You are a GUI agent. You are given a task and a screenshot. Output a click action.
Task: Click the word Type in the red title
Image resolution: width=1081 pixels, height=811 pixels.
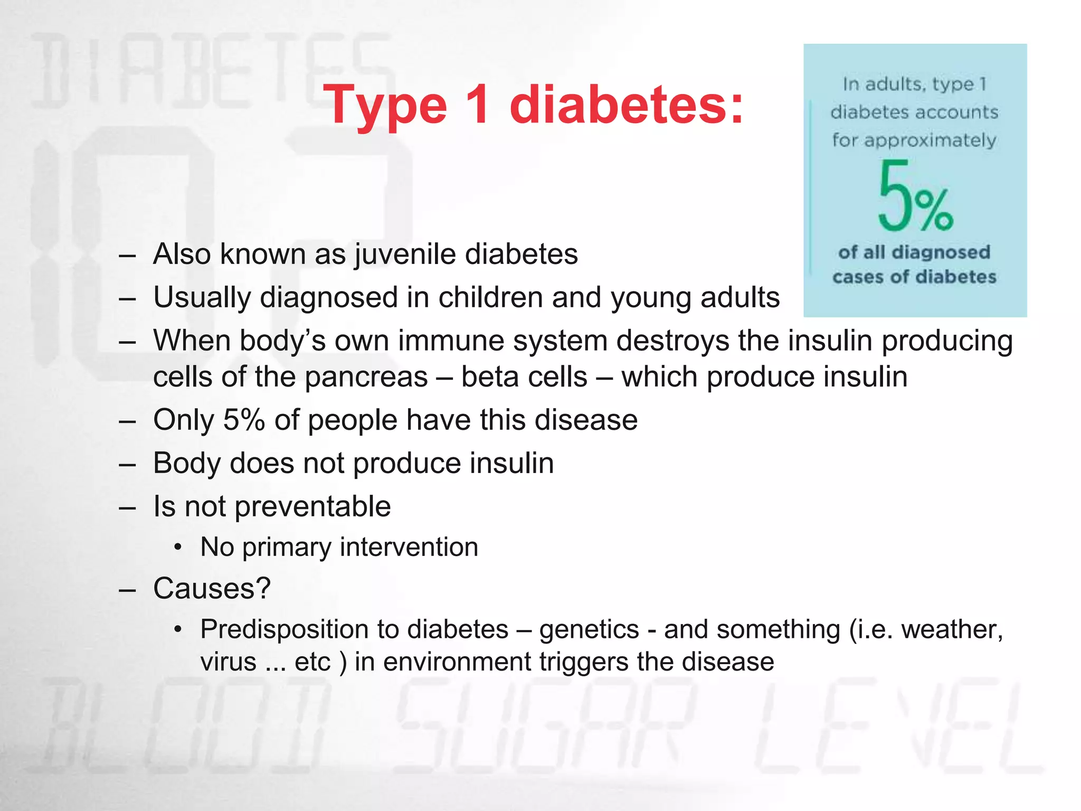(x=385, y=106)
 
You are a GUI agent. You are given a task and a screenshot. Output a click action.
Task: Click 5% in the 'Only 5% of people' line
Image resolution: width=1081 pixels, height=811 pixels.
(x=244, y=420)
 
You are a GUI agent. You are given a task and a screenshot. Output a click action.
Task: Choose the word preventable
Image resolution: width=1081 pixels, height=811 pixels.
(x=312, y=506)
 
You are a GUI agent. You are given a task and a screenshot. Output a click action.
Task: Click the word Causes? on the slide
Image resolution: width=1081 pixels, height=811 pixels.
(x=212, y=588)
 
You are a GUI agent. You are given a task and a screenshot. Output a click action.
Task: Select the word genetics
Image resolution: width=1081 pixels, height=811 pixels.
(x=589, y=629)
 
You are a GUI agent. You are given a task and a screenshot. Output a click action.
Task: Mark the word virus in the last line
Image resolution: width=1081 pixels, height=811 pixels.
(x=228, y=662)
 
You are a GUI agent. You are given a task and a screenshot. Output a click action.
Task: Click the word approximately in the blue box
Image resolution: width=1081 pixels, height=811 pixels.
(x=914, y=140)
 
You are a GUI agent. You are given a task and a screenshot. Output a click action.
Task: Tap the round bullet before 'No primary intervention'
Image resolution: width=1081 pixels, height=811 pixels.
(x=178, y=547)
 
